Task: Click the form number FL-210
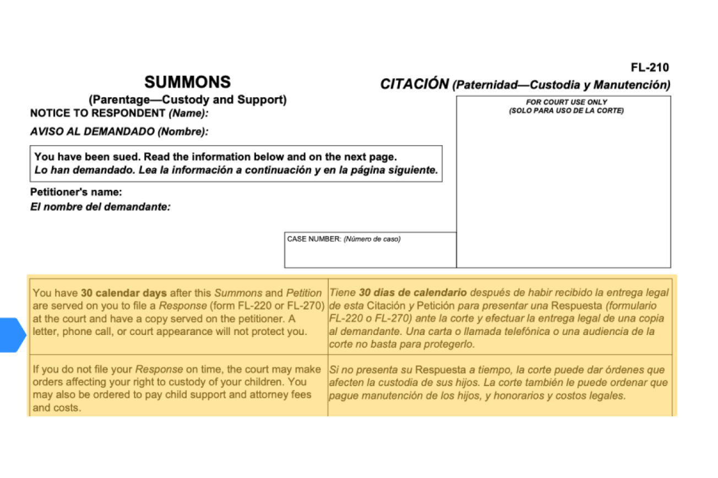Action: [650, 68]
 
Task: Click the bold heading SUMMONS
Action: [187, 83]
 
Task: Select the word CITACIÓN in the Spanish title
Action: [414, 85]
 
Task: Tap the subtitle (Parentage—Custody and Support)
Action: [187, 100]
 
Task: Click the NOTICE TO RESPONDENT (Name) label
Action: [119, 113]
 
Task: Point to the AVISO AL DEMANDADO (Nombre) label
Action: [119, 132]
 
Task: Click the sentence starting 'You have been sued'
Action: [215, 157]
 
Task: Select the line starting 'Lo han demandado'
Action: [236, 170]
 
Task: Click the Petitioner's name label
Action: [76, 193]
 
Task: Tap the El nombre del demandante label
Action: [100, 207]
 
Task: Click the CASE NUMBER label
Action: [314, 239]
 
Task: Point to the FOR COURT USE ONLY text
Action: [566, 102]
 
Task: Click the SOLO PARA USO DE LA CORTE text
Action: [566, 111]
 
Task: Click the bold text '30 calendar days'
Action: [116, 293]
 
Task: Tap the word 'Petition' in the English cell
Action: [304, 293]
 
